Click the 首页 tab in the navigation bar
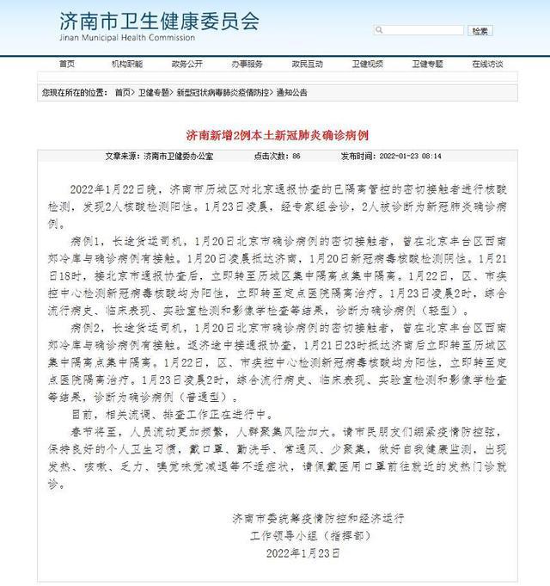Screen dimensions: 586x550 click(66, 64)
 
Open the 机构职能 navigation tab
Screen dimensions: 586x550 click(127, 64)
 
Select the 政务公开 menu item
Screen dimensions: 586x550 click(187, 64)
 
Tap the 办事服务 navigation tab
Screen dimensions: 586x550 click(247, 64)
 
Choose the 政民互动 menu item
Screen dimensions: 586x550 click(307, 64)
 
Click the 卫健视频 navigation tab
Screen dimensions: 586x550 click(367, 64)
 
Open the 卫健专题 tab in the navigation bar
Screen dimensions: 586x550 click(427, 64)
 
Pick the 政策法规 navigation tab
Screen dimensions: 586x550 click(487, 64)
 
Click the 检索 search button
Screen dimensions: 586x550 click(480, 31)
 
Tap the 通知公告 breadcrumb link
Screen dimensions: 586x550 click(291, 91)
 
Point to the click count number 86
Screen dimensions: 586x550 click(296, 157)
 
